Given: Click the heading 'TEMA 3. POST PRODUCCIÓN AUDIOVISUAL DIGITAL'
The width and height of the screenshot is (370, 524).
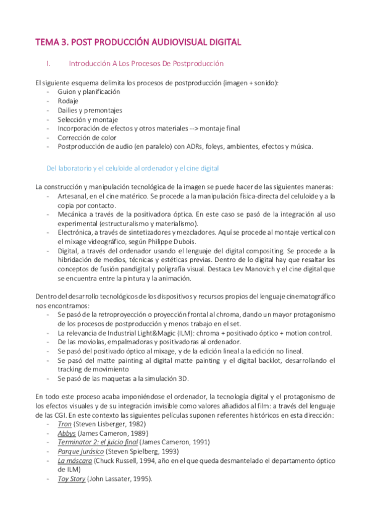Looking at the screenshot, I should click(x=138, y=42).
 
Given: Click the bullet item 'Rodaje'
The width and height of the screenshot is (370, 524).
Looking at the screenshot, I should click(x=68, y=101).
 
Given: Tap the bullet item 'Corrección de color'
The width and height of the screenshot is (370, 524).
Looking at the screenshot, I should click(x=87, y=137).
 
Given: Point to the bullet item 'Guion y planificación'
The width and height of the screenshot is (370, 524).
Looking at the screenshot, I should click(x=88, y=91).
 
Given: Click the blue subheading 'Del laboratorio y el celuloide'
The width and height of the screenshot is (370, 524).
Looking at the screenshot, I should click(x=133, y=168).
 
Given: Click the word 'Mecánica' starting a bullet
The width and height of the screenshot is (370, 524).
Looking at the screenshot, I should click(x=73, y=214).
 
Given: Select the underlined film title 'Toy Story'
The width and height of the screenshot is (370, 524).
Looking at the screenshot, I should click(x=72, y=479).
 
